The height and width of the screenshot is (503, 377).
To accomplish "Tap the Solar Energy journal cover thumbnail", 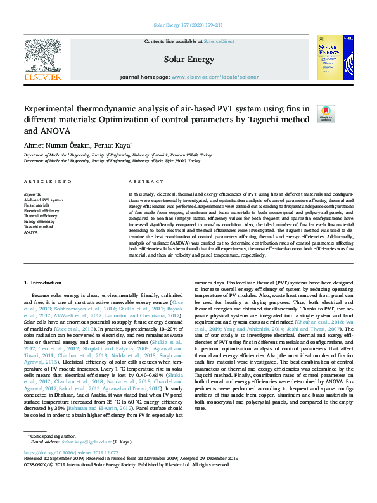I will point(335,58).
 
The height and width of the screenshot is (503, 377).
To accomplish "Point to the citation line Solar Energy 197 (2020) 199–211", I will point(188,25).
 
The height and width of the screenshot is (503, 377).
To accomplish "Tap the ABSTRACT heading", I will point(141,181).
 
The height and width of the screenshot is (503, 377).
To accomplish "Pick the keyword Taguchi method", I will point(39,227).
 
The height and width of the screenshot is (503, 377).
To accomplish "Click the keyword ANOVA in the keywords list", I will point(30,232).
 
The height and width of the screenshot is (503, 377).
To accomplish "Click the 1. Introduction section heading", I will point(42,281).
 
